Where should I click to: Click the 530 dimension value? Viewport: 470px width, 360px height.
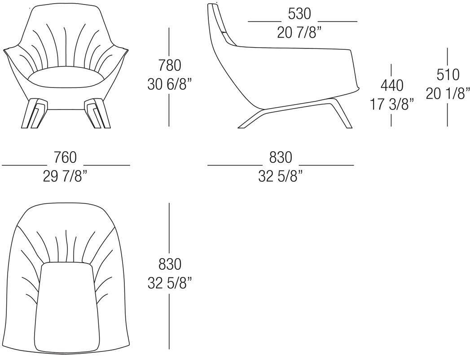tap(299, 14)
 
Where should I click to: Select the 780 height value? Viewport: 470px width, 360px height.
tap(170, 66)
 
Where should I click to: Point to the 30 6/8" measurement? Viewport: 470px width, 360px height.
tap(169, 84)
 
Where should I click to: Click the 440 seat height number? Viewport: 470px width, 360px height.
tap(392, 86)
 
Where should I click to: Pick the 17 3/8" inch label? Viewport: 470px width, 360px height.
tap(392, 104)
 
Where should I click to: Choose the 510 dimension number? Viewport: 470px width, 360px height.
tap(448, 75)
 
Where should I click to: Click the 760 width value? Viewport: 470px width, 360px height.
tap(66, 158)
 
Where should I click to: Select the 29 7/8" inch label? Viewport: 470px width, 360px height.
tap(66, 176)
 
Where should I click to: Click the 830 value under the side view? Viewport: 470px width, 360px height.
tap(281, 158)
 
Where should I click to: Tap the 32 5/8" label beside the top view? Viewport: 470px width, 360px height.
tap(170, 283)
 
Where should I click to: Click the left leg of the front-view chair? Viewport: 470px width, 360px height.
tap(34, 113)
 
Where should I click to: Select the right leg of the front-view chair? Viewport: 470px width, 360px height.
tap(97, 113)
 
